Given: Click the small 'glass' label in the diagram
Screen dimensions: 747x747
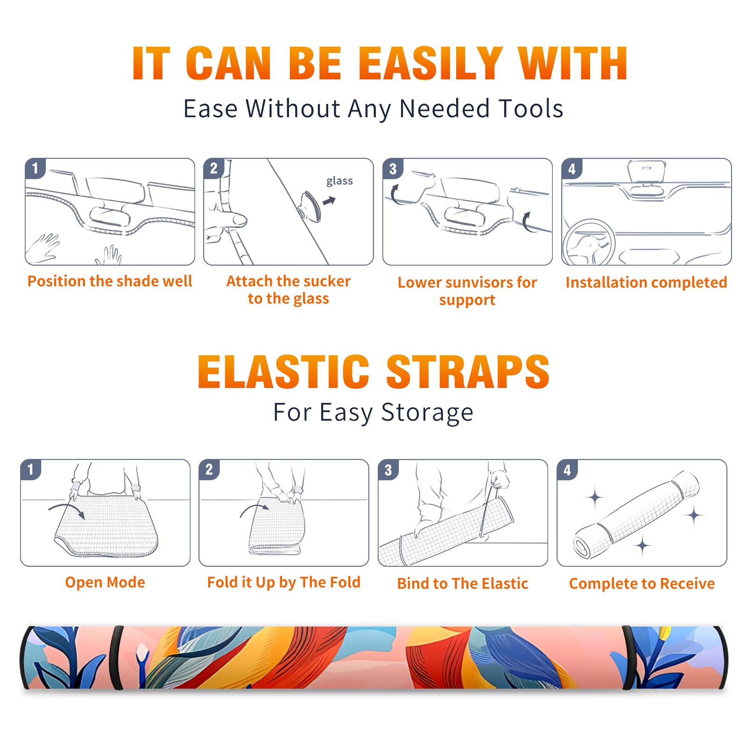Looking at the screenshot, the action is (339, 181).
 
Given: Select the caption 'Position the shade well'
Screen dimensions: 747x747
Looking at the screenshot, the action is (110, 281).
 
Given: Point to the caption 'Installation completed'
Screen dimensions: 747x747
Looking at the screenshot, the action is (646, 282).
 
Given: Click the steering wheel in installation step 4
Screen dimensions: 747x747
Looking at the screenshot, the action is (589, 242).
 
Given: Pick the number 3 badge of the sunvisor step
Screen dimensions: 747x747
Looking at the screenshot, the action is (393, 169).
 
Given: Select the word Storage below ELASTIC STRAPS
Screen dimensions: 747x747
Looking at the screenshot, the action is (427, 413).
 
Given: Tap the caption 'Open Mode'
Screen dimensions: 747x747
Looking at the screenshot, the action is (105, 582).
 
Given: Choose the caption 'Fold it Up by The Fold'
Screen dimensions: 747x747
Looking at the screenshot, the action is (284, 582).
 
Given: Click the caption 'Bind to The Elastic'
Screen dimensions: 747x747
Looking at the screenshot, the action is (463, 584).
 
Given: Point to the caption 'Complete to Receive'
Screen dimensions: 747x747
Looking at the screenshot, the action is (642, 584).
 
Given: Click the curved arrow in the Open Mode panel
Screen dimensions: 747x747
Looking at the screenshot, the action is (66, 506).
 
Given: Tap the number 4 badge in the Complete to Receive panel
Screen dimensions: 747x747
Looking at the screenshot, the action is (567, 470).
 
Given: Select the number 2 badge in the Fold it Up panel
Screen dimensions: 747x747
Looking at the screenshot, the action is (209, 470).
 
